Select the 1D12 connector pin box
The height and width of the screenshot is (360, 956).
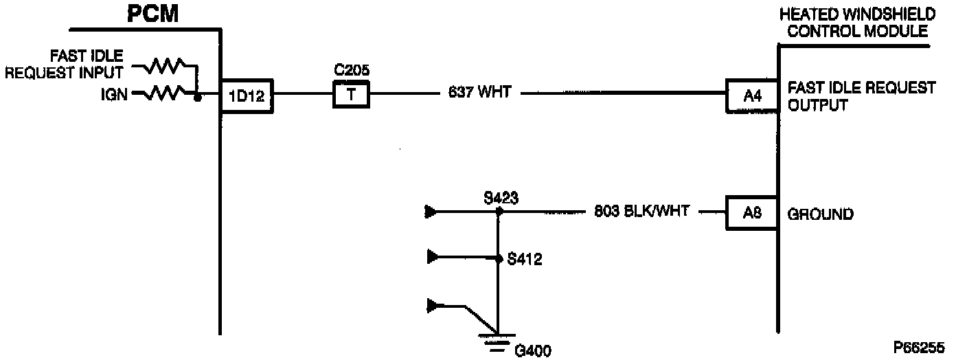[247, 98]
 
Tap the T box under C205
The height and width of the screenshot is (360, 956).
[351, 94]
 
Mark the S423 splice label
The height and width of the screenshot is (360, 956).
[500, 199]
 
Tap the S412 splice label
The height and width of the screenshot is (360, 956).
[525, 260]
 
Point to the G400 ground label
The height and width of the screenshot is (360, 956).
[532, 351]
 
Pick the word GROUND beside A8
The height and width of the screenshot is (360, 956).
[820, 214]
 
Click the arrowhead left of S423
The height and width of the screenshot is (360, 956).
[432, 212]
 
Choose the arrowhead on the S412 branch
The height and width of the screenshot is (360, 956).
[432, 258]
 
